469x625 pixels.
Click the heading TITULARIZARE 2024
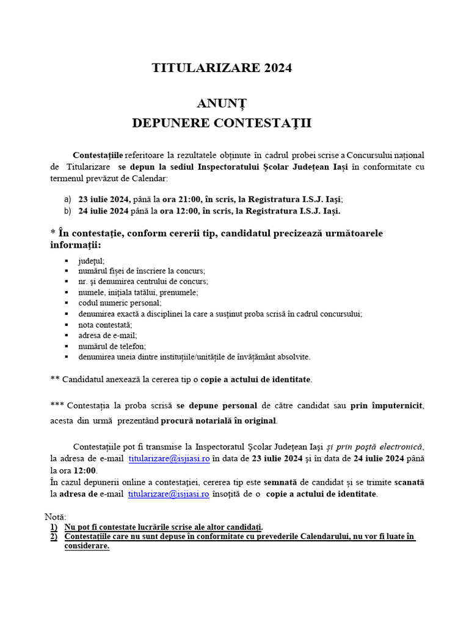pyautogui.click(x=222, y=68)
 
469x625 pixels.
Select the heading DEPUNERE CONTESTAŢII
pyautogui.click(x=222, y=123)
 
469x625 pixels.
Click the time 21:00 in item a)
pyautogui.click(x=195, y=200)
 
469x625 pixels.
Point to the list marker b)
pyautogui.click(x=67, y=211)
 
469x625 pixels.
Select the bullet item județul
pyautogui.click(x=91, y=260)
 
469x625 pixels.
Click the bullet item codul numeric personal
pyautogui.click(x=120, y=303)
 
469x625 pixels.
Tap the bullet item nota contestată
pyautogui.click(x=105, y=325)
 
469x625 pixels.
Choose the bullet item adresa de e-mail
pyautogui.click(x=107, y=335)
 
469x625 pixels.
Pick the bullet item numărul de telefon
pyautogui.click(x=112, y=346)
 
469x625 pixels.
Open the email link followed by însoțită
pyautogui.click(x=169, y=494)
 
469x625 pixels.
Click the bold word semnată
pyautogui.click(x=289, y=482)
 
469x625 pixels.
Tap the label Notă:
pyautogui.click(x=56, y=516)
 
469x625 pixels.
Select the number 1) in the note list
pyautogui.click(x=54, y=527)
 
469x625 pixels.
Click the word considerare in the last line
pyautogui.click(x=87, y=546)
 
